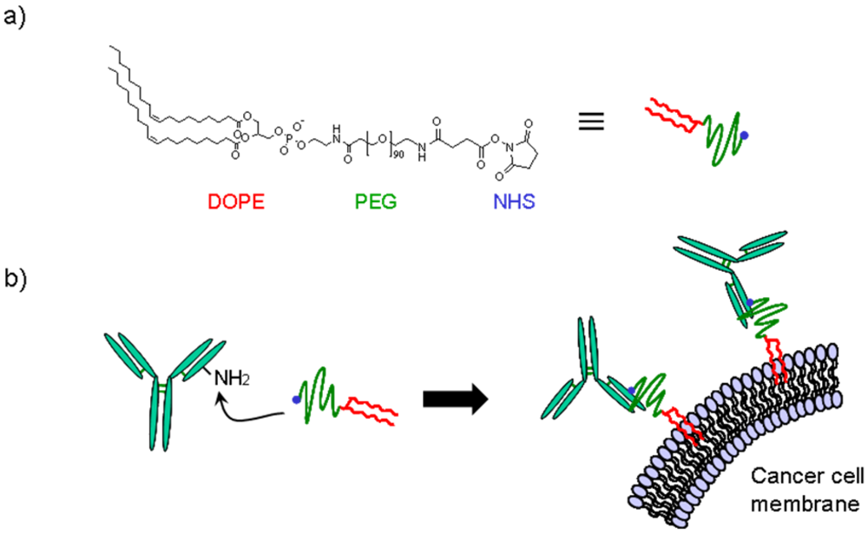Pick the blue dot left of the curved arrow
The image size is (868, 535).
297,400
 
